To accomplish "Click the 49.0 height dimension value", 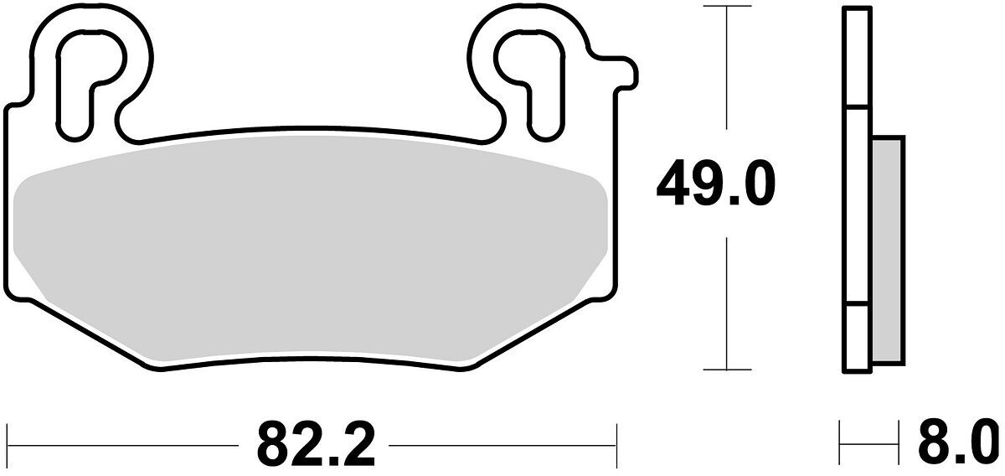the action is pos(715,184).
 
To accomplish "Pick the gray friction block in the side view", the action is pos(888,251).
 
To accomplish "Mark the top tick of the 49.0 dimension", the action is pos(727,6).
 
